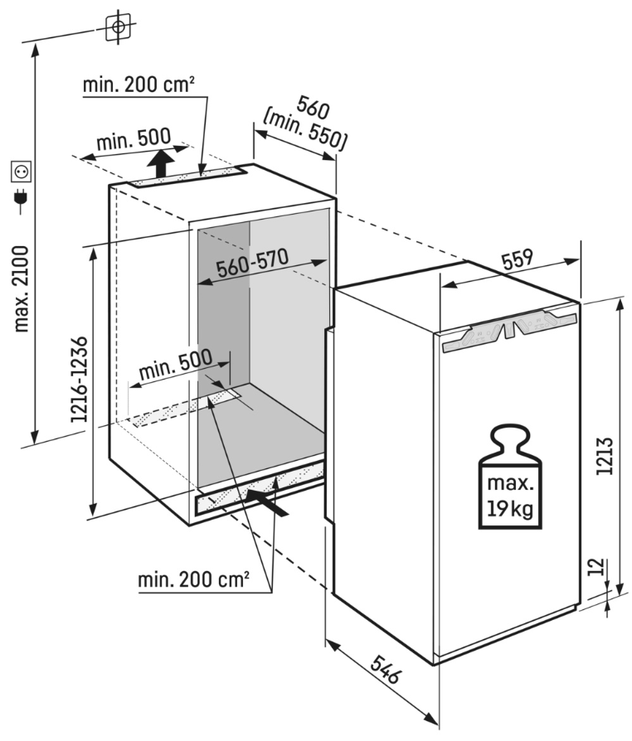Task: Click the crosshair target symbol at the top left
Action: click(x=119, y=27)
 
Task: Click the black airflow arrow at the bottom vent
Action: click(x=270, y=501)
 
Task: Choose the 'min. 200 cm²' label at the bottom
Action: click(x=193, y=579)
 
